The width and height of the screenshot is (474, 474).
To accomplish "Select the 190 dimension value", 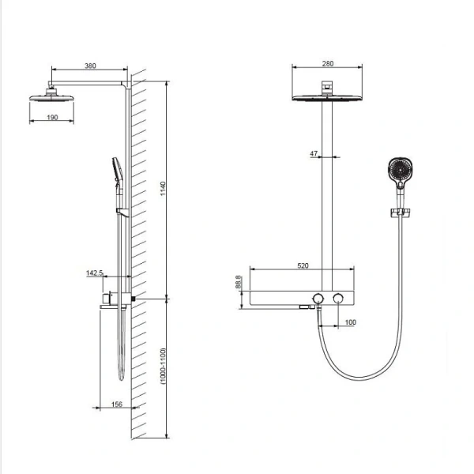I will tap(53, 117).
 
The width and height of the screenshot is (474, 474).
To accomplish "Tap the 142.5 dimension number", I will tap(94, 273).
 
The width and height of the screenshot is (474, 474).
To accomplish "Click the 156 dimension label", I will tap(115, 404).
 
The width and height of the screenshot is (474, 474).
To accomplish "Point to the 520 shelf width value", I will tap(303, 266).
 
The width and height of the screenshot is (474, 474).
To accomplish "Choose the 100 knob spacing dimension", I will tap(351, 322).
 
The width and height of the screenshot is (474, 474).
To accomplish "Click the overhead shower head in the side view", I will tap(53, 98).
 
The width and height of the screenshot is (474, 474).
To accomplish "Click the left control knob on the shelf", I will tap(318, 298).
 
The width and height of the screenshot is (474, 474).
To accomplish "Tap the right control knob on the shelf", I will tap(339, 298).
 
